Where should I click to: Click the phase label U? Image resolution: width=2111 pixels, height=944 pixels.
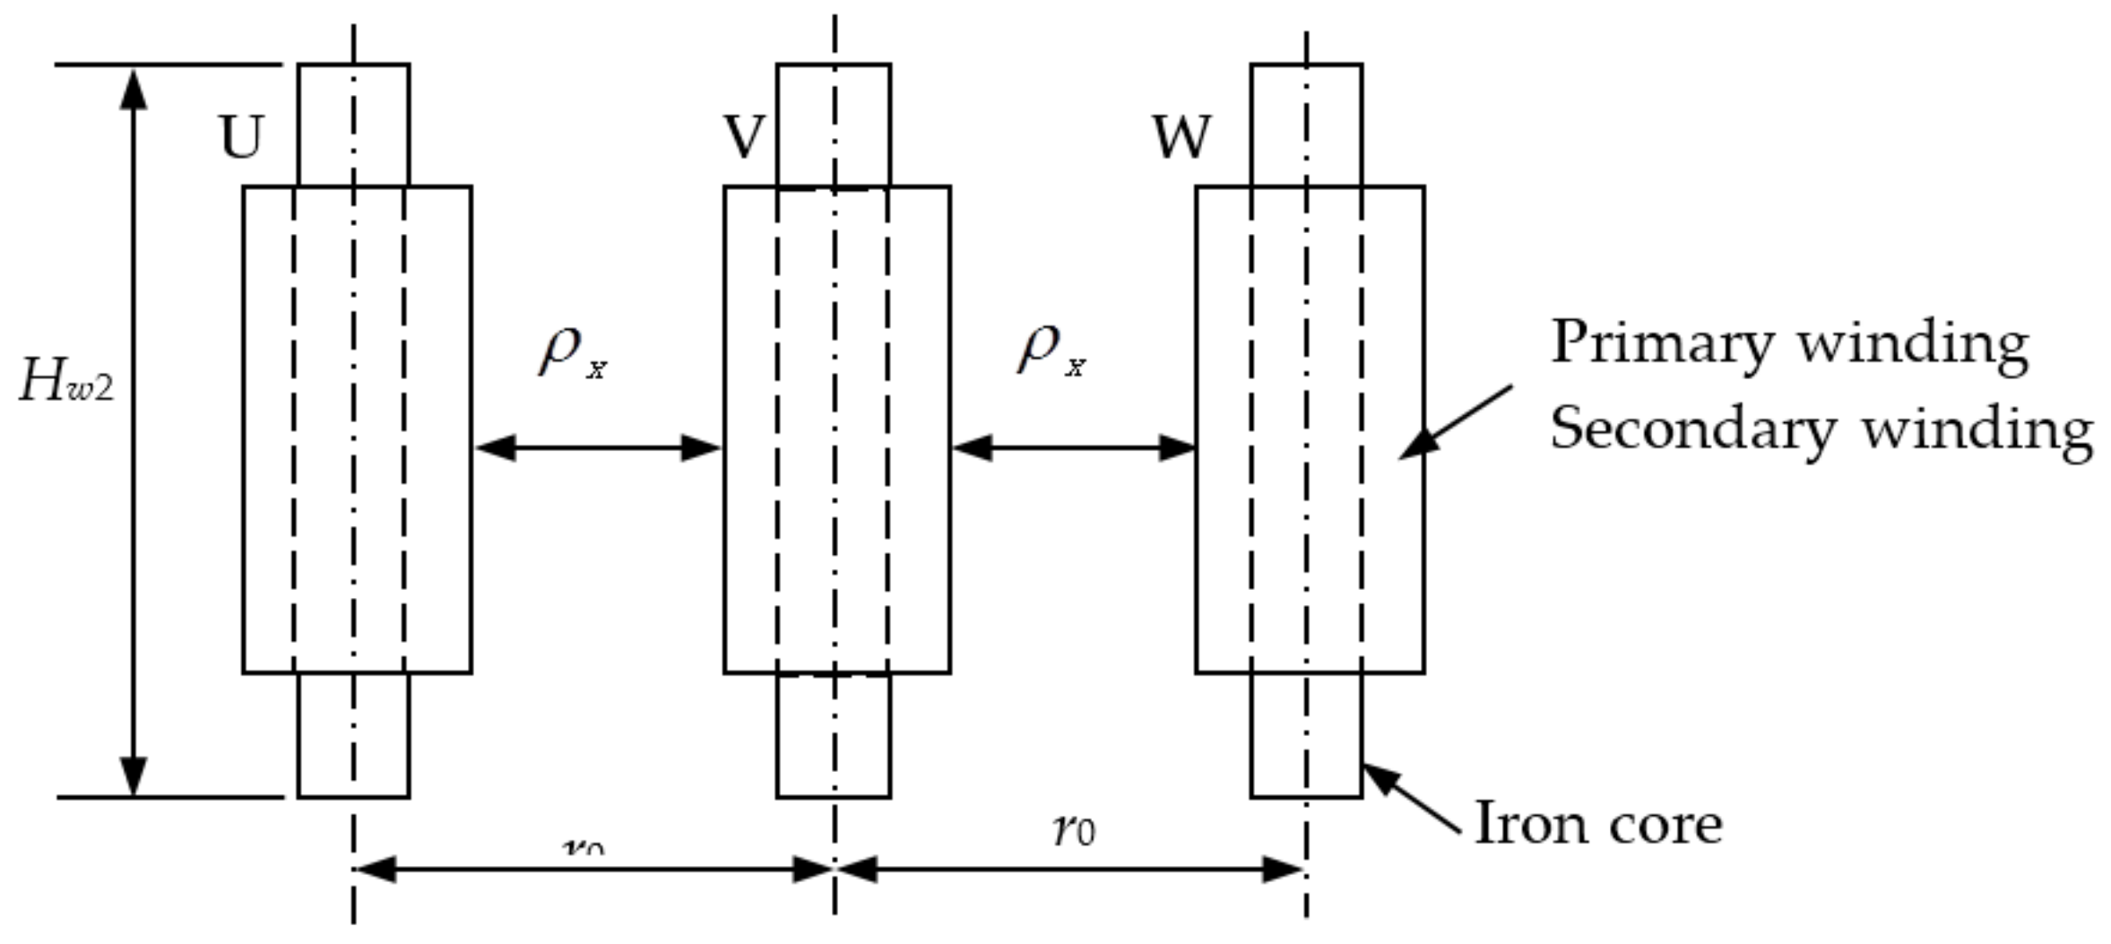click(x=241, y=137)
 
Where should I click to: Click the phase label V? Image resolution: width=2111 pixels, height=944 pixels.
click(x=744, y=137)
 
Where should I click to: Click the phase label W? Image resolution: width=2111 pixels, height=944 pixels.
click(x=1181, y=137)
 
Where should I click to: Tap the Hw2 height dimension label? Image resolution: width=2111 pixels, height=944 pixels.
click(x=67, y=385)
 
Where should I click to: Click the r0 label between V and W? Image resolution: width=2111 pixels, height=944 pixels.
click(x=1074, y=829)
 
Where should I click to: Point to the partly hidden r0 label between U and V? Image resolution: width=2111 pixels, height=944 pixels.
click(x=583, y=844)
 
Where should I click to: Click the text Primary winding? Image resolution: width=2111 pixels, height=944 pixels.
click(x=1789, y=343)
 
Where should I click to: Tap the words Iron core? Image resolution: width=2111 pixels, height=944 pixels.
click(x=1598, y=823)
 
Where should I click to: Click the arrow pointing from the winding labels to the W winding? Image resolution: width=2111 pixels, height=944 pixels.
click(x=1457, y=421)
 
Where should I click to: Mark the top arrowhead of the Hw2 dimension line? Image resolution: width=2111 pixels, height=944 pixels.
click(x=134, y=90)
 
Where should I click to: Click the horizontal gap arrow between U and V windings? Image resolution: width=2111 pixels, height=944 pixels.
click(x=598, y=447)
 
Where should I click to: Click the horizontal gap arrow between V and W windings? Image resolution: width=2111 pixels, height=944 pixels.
click(x=1073, y=447)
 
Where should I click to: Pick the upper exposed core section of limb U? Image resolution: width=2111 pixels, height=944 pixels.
click(x=354, y=126)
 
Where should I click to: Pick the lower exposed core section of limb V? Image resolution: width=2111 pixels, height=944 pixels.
click(x=834, y=735)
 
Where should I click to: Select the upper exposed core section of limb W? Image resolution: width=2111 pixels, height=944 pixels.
click(x=1306, y=126)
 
